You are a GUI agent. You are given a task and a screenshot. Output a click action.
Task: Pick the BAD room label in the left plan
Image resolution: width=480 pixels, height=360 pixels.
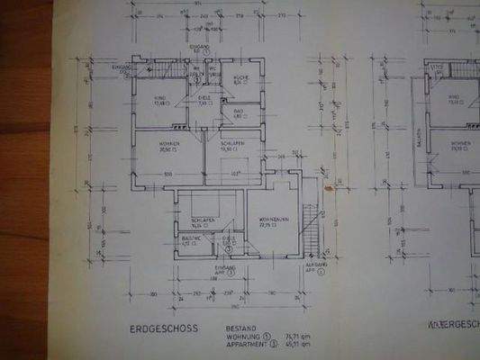coord(240,112)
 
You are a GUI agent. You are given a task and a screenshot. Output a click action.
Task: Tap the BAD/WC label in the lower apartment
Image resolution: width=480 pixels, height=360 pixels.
coord(190,238)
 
